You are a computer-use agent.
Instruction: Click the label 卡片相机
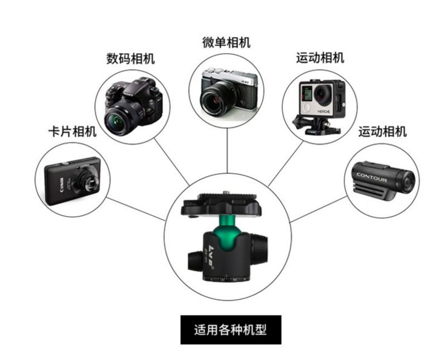[71, 131]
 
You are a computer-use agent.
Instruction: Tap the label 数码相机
[130, 59]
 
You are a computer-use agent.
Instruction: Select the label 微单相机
[226, 42]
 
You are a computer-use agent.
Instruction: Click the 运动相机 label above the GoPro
[320, 58]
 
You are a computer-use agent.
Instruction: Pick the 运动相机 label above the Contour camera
[382, 131]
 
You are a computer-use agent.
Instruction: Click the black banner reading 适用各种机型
[231, 330]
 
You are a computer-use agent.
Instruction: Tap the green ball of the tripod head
[227, 233]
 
